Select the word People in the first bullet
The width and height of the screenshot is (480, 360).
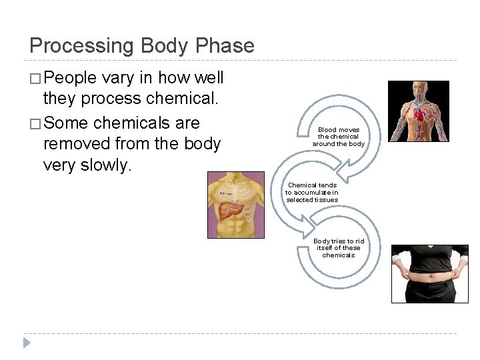pyautogui.click(x=70, y=78)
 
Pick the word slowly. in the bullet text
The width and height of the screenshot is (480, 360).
pyautogui.click(x=107, y=165)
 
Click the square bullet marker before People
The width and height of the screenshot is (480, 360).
pyautogui.click(x=35, y=79)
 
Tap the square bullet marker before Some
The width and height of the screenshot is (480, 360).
pyautogui.click(x=35, y=123)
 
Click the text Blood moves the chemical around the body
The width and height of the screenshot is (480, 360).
pyautogui.click(x=338, y=137)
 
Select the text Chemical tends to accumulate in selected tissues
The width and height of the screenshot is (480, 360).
pyautogui.click(x=312, y=192)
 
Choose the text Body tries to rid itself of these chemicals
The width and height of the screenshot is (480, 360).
pyautogui.click(x=339, y=248)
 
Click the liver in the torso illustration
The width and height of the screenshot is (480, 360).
pyautogui.click(x=229, y=210)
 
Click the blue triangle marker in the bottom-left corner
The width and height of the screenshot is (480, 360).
pyautogui.click(x=27, y=343)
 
